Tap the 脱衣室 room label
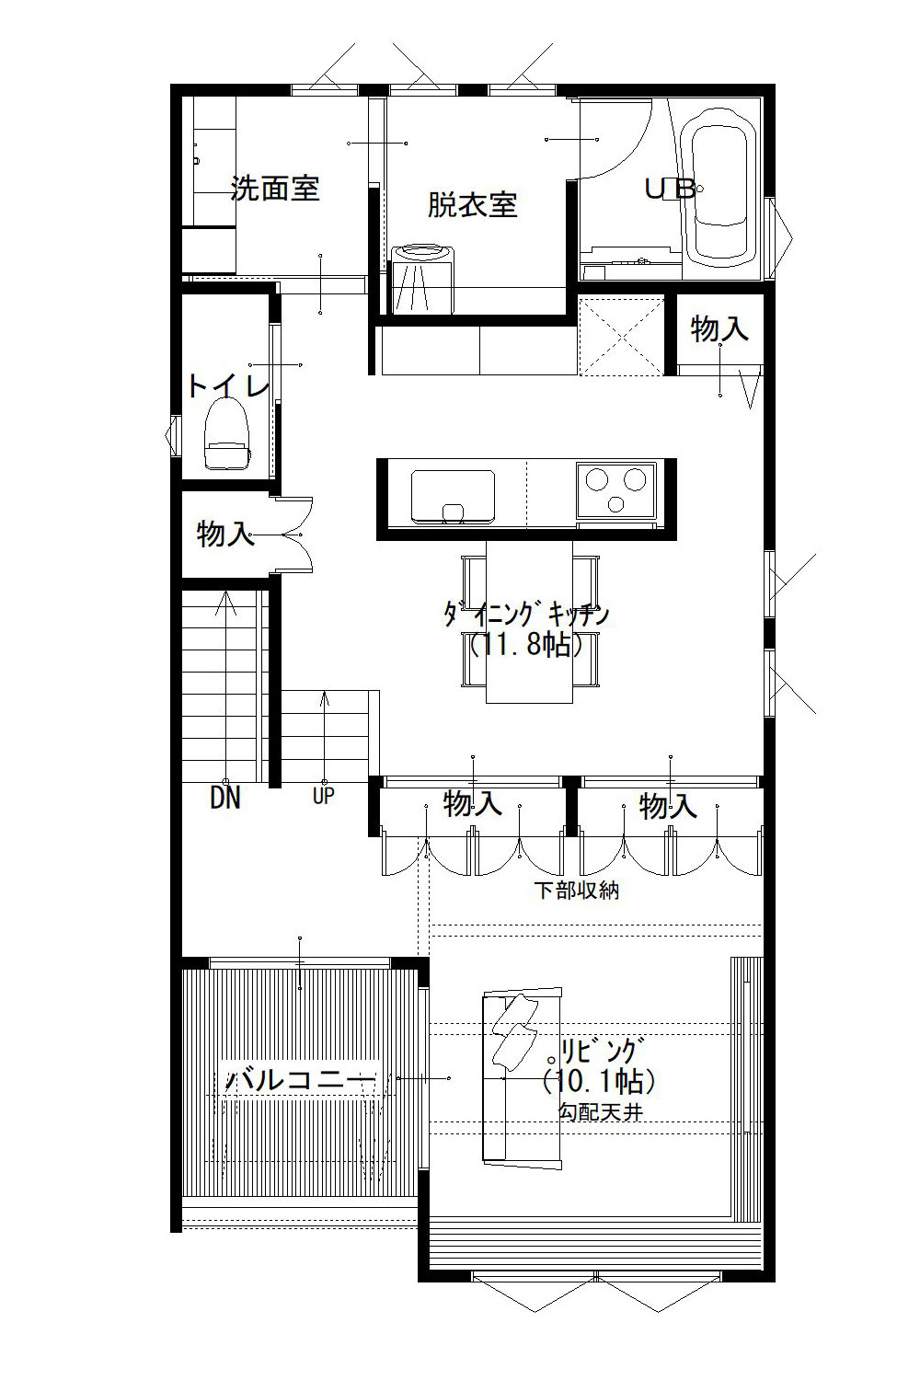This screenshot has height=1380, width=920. [472, 204]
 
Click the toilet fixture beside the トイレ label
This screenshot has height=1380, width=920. [226, 436]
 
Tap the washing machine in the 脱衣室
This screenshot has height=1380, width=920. [423, 278]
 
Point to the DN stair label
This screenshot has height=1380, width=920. [225, 798]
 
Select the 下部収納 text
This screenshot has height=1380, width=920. [577, 891]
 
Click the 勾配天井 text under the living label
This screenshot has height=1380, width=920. [600, 1112]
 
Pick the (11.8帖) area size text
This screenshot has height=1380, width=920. [526, 645]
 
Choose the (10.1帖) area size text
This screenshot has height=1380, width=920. [599, 1078]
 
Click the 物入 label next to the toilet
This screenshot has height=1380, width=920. [225, 534]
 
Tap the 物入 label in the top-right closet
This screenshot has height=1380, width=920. [719, 328]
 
